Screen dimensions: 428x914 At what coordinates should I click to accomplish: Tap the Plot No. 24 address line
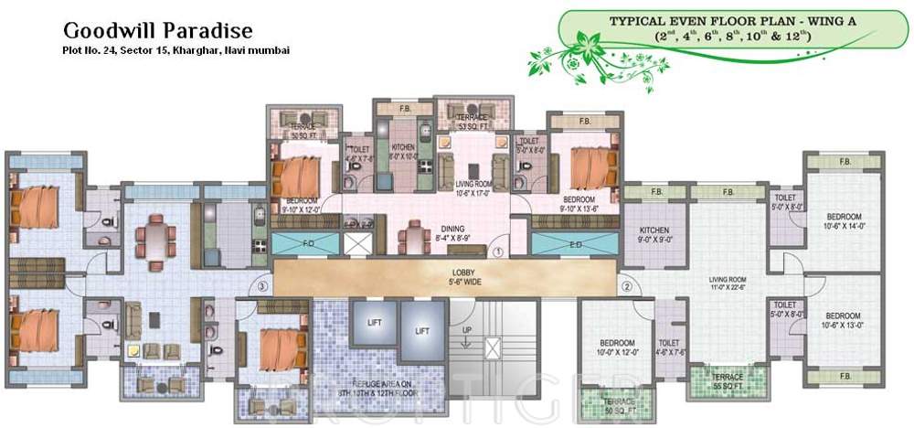tap(169, 51)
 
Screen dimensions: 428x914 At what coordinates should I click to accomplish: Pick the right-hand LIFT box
tap(420, 330)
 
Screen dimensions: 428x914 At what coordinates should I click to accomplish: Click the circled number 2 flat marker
tap(626, 286)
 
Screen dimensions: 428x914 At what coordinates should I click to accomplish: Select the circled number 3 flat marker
tap(262, 286)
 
